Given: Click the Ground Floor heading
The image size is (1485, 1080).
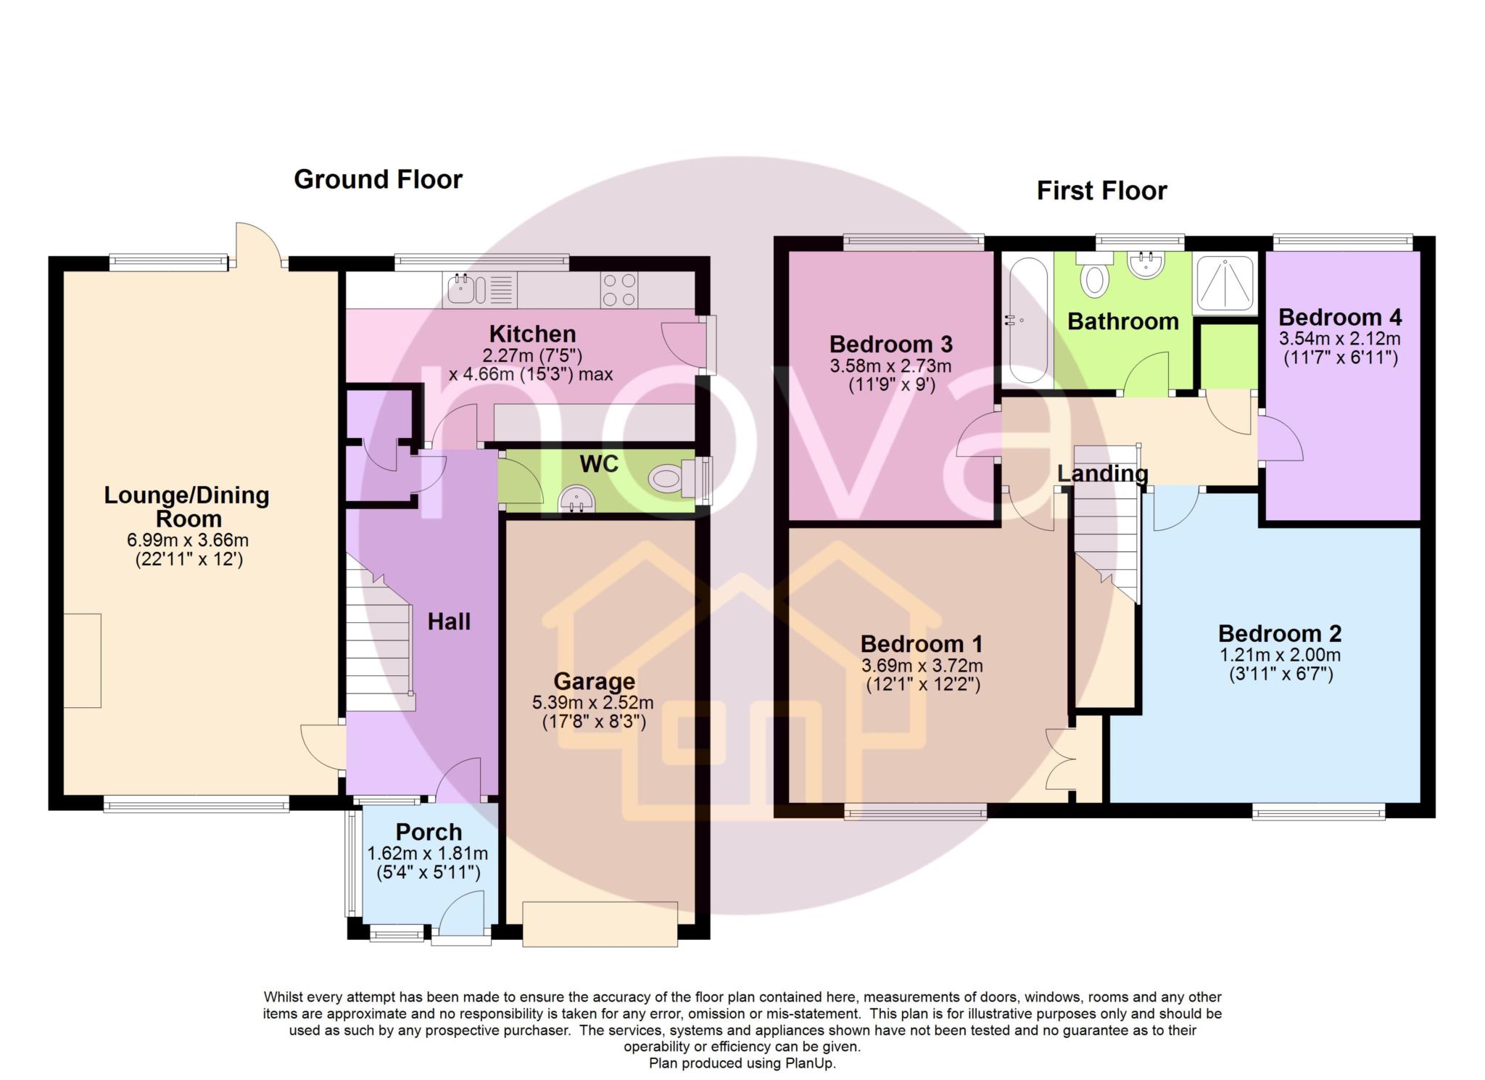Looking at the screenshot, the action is pyautogui.click(x=378, y=179).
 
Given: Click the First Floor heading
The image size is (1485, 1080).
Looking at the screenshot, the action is pyautogui.click(x=1101, y=191).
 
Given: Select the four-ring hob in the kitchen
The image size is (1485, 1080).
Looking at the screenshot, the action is pyautogui.click(x=619, y=289).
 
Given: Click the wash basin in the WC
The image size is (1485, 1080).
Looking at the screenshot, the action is pyautogui.click(x=576, y=498).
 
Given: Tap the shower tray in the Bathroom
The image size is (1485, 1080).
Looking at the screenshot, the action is pyautogui.click(x=1224, y=282).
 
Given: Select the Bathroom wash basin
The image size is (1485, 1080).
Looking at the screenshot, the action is pyautogui.click(x=1146, y=264).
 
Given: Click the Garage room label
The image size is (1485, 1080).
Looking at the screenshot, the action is pyautogui.click(x=594, y=681).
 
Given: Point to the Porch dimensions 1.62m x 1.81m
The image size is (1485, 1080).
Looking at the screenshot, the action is pyautogui.click(x=428, y=854).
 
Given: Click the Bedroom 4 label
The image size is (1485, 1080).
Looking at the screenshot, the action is pyautogui.click(x=1340, y=317).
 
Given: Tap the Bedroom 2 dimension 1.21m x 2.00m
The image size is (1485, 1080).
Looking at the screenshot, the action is pyautogui.click(x=1281, y=655).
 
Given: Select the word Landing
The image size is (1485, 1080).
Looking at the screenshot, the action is pyautogui.click(x=1103, y=474).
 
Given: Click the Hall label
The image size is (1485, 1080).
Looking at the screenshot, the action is pyautogui.click(x=449, y=622).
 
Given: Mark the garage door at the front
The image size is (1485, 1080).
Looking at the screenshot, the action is pyautogui.click(x=600, y=923).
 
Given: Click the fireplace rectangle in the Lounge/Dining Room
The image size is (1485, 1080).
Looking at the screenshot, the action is pyautogui.click(x=83, y=660).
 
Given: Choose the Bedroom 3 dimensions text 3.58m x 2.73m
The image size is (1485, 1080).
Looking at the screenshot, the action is pyautogui.click(x=890, y=366).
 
